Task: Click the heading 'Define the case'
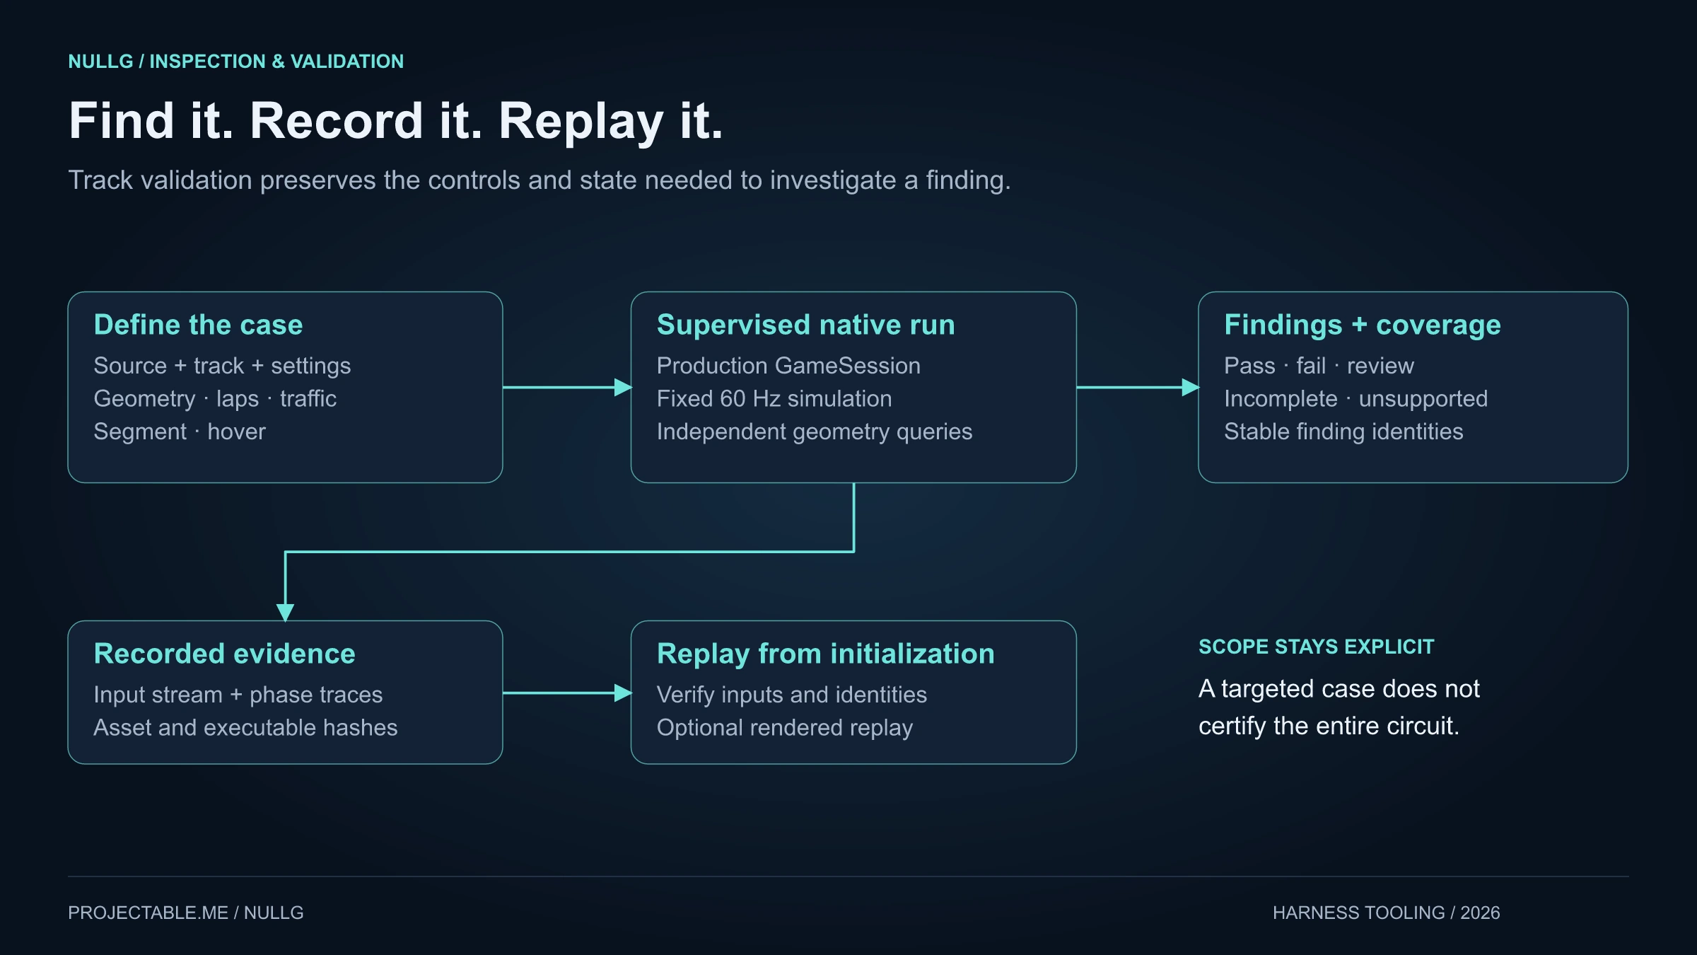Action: click(x=198, y=325)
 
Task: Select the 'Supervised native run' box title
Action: click(x=805, y=325)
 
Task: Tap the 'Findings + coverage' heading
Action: click(x=1362, y=325)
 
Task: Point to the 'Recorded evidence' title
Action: click(x=224, y=654)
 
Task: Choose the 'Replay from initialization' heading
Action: click(x=825, y=654)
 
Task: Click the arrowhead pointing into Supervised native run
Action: click(x=623, y=388)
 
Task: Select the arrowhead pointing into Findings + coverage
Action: click(x=1191, y=388)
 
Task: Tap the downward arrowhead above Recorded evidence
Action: click(x=285, y=612)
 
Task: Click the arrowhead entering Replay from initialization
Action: click(x=623, y=693)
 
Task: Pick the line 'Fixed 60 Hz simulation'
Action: click(x=774, y=399)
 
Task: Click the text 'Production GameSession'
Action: click(x=788, y=366)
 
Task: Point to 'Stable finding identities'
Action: click(x=1343, y=432)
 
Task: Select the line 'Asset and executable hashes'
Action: click(x=245, y=728)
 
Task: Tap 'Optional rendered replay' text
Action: click(x=784, y=728)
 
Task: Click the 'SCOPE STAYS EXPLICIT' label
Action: click(x=1316, y=647)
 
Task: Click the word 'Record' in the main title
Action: click(x=336, y=120)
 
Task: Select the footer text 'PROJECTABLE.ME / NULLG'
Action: click(x=185, y=913)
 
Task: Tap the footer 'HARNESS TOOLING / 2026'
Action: click(x=1386, y=913)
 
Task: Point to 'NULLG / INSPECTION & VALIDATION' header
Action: click(x=235, y=62)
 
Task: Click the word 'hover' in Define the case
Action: click(x=236, y=432)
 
